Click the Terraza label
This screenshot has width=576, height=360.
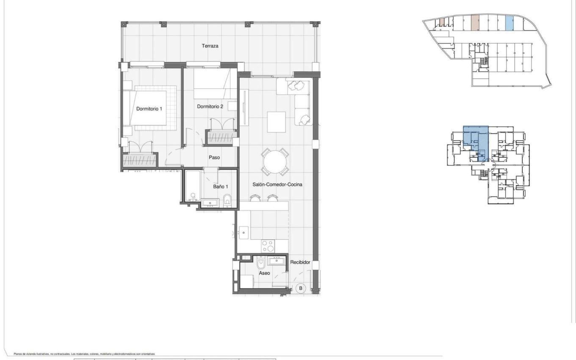(210, 46)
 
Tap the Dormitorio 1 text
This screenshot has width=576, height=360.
(149, 109)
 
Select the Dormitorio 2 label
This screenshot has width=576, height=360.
(210, 107)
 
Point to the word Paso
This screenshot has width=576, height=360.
(214, 158)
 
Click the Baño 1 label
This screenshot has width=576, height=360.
(221, 186)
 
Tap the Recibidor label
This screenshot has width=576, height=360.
(300, 263)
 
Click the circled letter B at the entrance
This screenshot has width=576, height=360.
(300, 288)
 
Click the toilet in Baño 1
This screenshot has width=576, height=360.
(227, 199)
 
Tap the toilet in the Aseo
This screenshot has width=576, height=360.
(261, 264)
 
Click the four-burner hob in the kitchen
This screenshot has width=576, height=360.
(269, 246)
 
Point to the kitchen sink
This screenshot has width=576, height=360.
(244, 232)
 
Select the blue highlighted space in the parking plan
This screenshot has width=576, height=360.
(510, 24)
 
